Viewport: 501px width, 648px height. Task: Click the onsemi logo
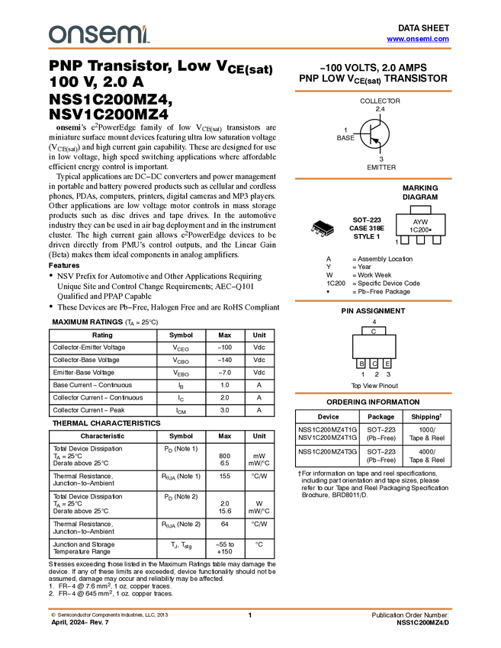click(98, 34)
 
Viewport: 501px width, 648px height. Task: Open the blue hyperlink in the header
click(418, 39)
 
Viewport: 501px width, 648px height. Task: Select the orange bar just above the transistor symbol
click(373, 91)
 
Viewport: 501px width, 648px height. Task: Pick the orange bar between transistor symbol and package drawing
click(373, 179)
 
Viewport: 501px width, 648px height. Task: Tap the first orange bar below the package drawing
click(373, 301)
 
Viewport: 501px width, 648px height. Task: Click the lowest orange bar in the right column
click(373, 393)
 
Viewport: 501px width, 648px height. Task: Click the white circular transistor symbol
click(374, 134)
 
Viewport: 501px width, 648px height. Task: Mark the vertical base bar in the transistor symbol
click(371, 134)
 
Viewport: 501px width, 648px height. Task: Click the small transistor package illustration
click(322, 231)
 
